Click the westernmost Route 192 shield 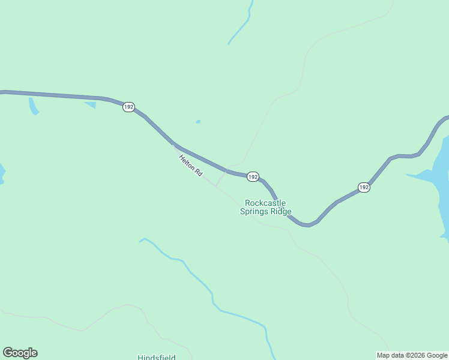128,107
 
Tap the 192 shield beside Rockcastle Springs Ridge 253,177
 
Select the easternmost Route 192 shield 363,187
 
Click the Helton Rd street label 190,165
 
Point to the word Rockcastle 265,203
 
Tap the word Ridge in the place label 281,211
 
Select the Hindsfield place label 156,357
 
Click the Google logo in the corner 20,353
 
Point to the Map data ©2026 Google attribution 412,355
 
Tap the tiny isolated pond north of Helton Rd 198,122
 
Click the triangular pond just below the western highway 91,105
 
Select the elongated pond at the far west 33,106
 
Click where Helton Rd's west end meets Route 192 173,145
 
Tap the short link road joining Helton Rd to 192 220,178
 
